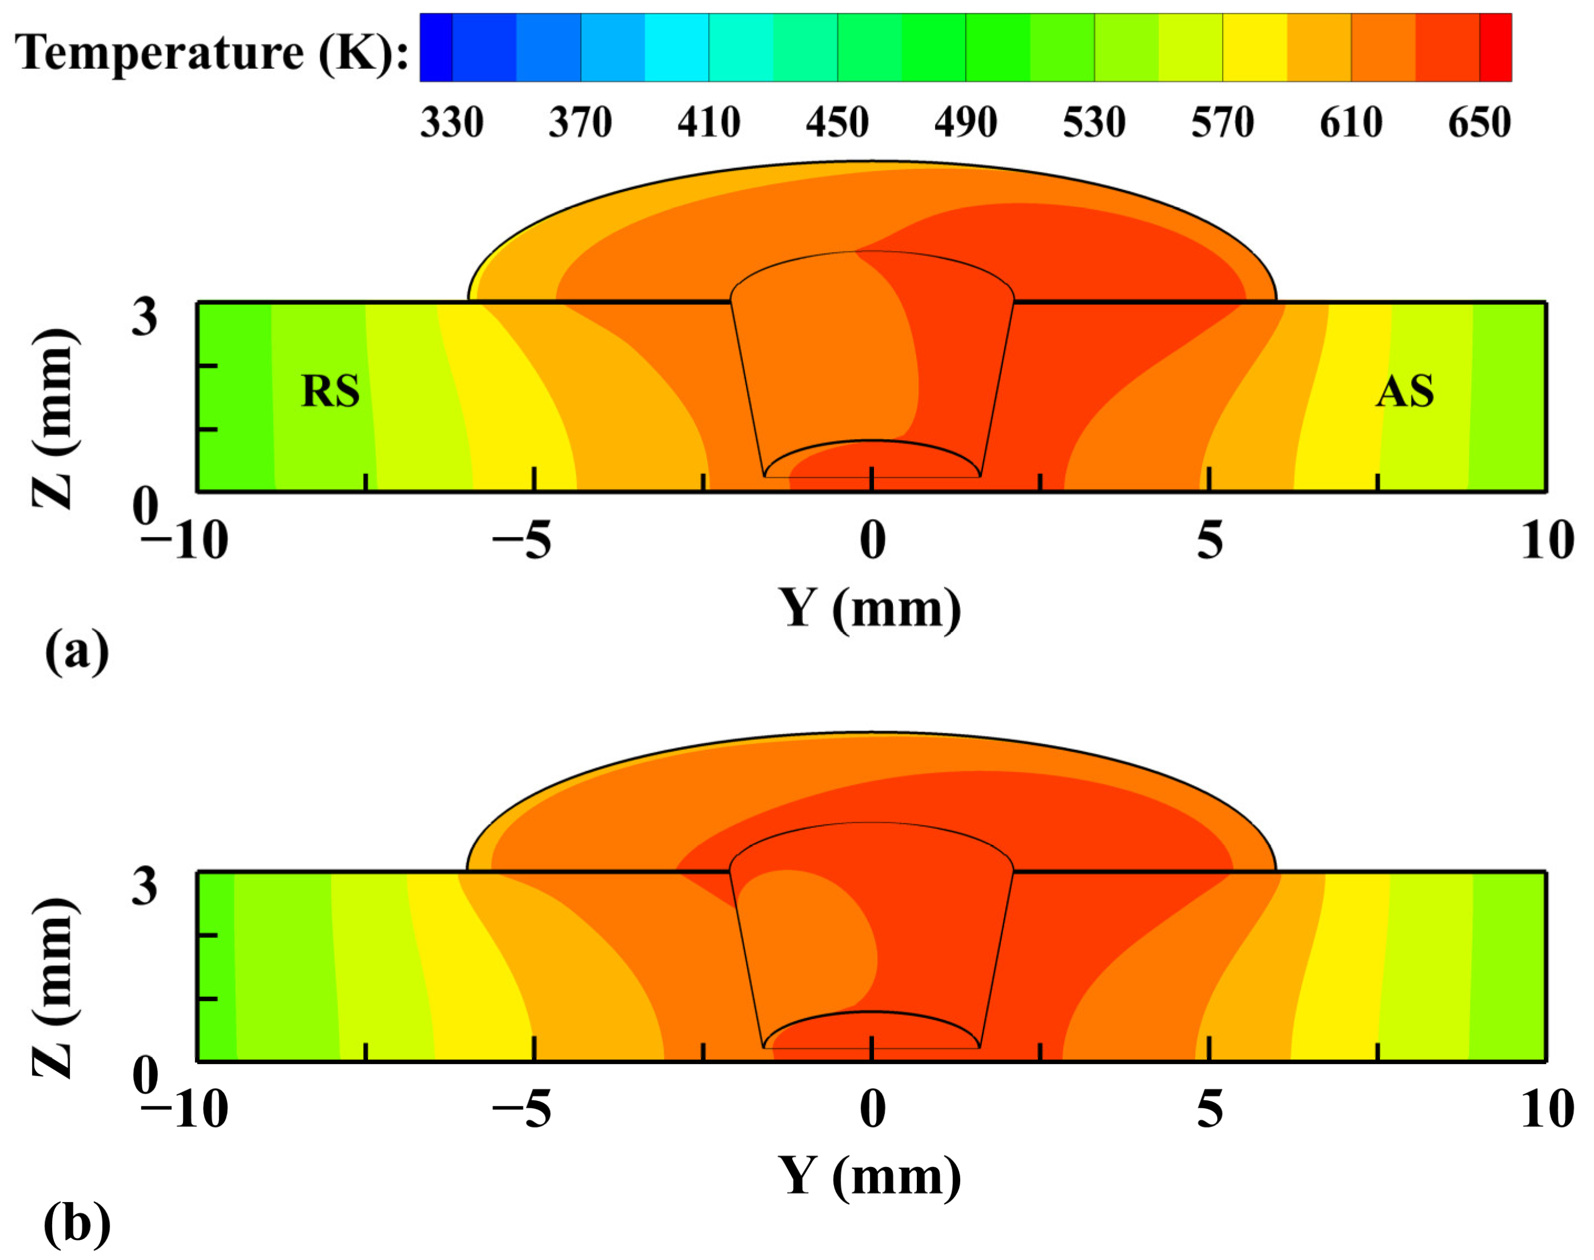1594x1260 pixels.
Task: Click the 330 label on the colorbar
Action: pyautogui.click(x=451, y=122)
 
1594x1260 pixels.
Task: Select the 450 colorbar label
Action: pyautogui.click(x=837, y=122)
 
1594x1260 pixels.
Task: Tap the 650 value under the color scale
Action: pyautogui.click(x=1479, y=122)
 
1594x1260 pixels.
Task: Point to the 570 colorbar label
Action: pyautogui.click(x=1223, y=122)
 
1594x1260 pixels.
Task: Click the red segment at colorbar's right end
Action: pyautogui.click(x=1495, y=47)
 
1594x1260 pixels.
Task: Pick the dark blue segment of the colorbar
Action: pyautogui.click(x=436, y=47)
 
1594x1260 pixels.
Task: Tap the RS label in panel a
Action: pyautogui.click(x=330, y=391)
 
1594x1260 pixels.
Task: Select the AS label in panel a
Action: pyautogui.click(x=1404, y=391)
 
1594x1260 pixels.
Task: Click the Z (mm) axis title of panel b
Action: pyautogui.click(x=53, y=989)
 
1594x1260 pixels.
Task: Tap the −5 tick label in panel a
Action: pyautogui.click(x=522, y=541)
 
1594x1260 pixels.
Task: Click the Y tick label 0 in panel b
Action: pyautogui.click(x=872, y=1109)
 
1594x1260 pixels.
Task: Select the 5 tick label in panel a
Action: pyautogui.click(x=1209, y=541)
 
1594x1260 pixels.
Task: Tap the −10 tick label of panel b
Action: pyautogui.click(x=185, y=1109)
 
